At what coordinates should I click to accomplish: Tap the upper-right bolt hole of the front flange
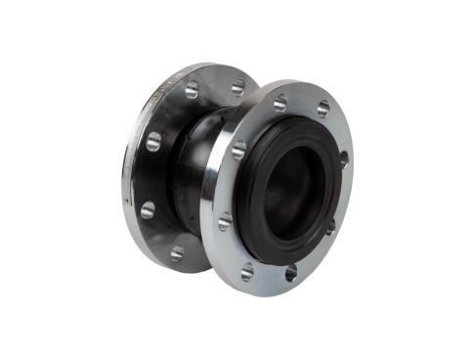point(322,109)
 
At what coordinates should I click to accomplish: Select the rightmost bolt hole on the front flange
point(344,158)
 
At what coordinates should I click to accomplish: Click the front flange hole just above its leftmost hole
point(238,150)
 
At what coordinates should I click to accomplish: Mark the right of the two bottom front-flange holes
point(290,273)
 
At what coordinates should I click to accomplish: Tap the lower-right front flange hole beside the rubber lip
point(329,227)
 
